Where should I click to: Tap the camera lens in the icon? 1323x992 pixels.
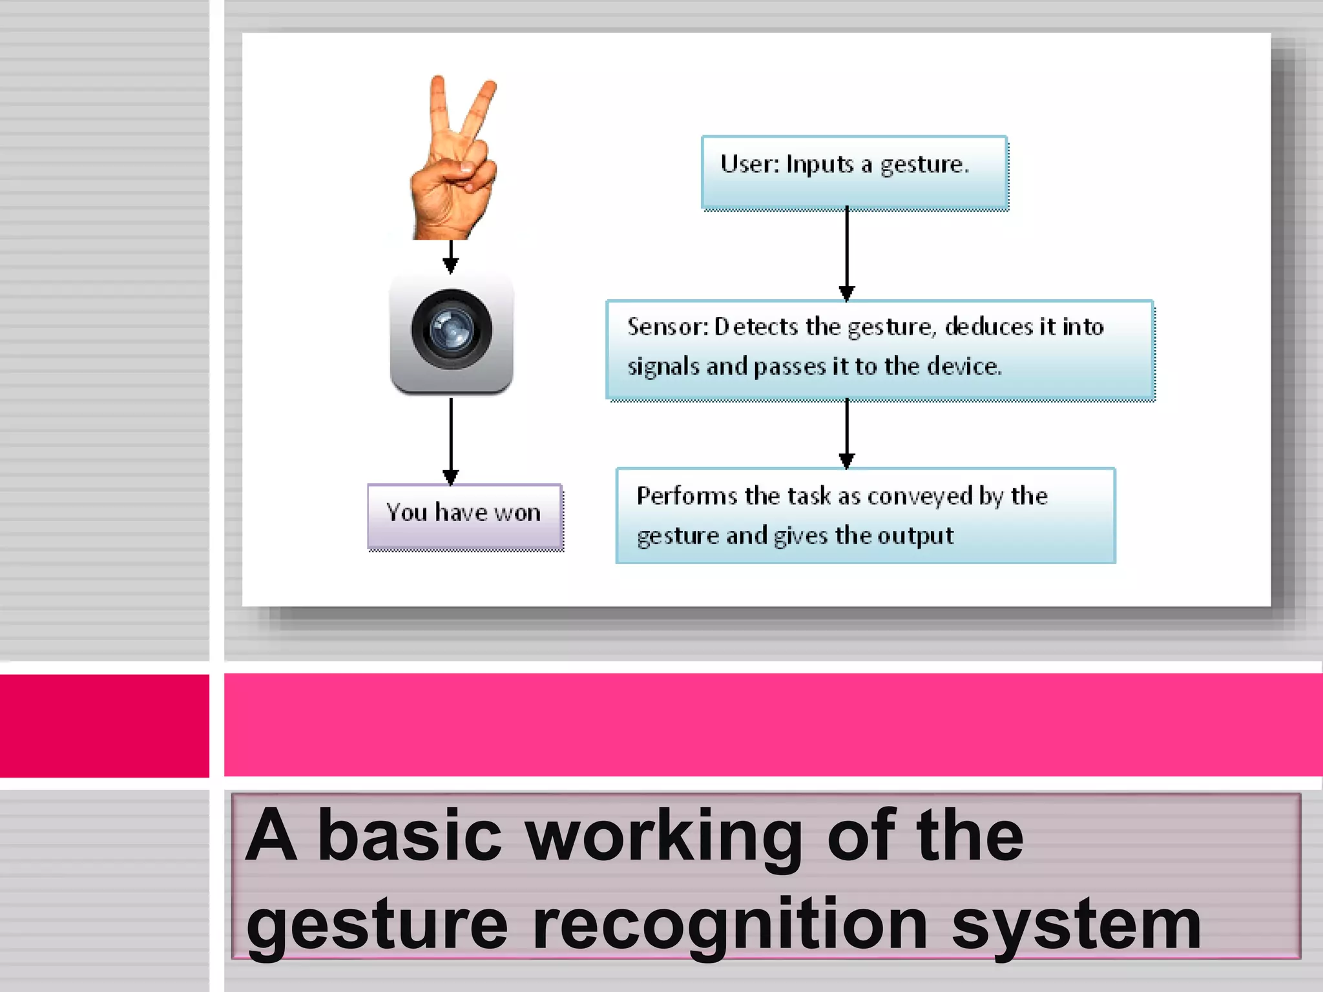point(452,329)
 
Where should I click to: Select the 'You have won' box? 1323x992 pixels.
point(464,517)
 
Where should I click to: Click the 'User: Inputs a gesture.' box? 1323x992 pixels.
point(854,172)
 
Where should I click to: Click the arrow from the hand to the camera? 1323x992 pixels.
point(451,256)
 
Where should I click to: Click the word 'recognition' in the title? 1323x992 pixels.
point(731,925)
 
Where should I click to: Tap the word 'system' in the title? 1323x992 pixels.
point(1076,925)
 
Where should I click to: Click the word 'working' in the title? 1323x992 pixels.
point(664,836)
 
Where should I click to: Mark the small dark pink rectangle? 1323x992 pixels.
point(104,725)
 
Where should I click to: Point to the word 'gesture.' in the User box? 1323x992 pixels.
point(924,165)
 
